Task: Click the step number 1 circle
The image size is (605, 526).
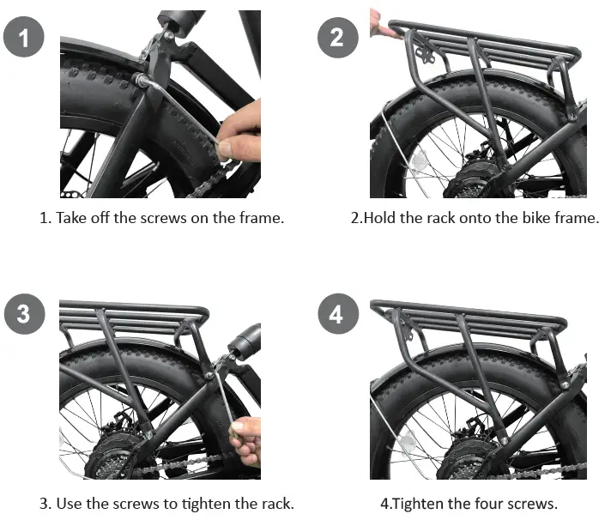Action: point(24,38)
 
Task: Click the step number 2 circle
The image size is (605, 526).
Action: point(336,38)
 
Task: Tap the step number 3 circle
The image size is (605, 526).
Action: point(24,314)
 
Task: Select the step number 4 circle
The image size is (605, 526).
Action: point(336,314)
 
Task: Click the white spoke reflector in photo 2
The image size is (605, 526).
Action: point(420,162)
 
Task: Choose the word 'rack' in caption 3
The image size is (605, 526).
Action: point(275,503)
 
